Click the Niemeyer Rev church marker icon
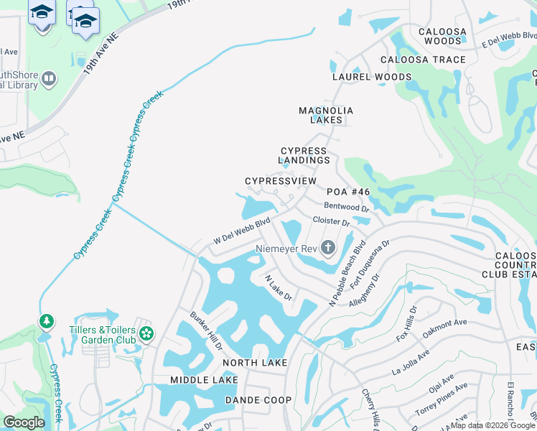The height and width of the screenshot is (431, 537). pos(328,249)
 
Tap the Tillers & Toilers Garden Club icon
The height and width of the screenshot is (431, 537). pos(146,333)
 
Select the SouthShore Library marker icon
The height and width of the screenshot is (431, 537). pos(49,79)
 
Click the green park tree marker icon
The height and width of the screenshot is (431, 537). pos(47,320)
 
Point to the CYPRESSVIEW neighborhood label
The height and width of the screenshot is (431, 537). pos(280,181)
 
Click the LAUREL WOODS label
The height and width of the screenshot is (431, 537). pos(372,77)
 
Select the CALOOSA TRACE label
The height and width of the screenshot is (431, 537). pos(423,60)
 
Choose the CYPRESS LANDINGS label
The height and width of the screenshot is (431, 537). pos(303,156)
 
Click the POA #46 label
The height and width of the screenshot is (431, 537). pos(348,192)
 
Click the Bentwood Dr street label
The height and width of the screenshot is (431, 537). pos(347,207)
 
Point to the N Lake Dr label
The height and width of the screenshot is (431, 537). pos(279,288)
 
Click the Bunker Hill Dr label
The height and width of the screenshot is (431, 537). pos(207,330)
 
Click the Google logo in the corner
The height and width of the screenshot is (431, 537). pos(24,422)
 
